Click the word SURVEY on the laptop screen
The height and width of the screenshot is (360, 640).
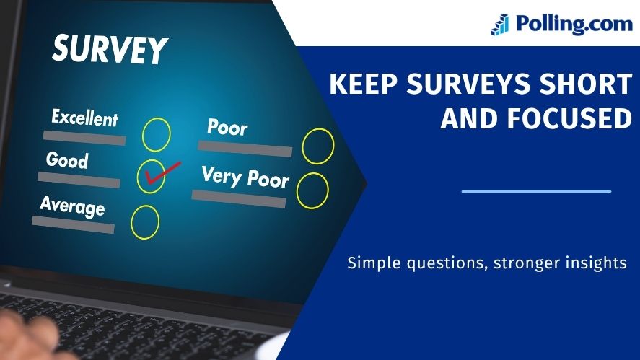(110, 49)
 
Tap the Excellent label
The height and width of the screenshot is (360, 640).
(85, 118)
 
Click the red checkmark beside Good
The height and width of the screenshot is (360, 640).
(162, 172)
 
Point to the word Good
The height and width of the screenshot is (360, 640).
(67, 159)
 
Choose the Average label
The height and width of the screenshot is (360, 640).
(73, 206)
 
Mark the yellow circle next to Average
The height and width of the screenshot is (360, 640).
(131, 222)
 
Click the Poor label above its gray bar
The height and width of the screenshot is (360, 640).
(227, 127)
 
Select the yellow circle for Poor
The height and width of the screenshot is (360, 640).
(302, 146)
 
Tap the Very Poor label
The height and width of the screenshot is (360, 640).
(245, 177)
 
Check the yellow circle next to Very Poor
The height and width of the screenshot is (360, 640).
(297, 190)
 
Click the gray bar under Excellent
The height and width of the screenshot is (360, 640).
(84, 138)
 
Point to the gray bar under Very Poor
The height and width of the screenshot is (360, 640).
(239, 199)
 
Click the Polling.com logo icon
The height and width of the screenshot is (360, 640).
(500, 25)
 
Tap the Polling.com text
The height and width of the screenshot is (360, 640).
(574, 24)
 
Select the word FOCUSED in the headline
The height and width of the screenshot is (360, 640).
(570, 119)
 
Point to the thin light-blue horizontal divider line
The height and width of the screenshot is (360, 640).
(536, 191)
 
